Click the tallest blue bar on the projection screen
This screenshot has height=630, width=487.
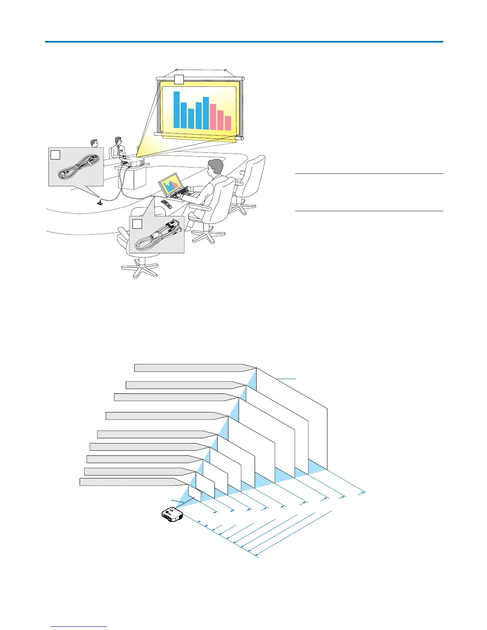point(177,110)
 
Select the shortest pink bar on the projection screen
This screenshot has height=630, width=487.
point(228,123)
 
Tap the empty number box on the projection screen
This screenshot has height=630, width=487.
point(179,79)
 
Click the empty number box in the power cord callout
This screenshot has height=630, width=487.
point(55,154)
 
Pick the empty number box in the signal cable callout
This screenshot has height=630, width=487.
point(137,224)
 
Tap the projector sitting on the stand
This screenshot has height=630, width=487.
point(133,162)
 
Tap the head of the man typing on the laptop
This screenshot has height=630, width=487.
point(216,168)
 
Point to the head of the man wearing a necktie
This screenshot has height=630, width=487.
point(118,141)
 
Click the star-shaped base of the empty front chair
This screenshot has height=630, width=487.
point(140,269)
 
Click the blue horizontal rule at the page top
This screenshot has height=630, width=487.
point(243,41)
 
